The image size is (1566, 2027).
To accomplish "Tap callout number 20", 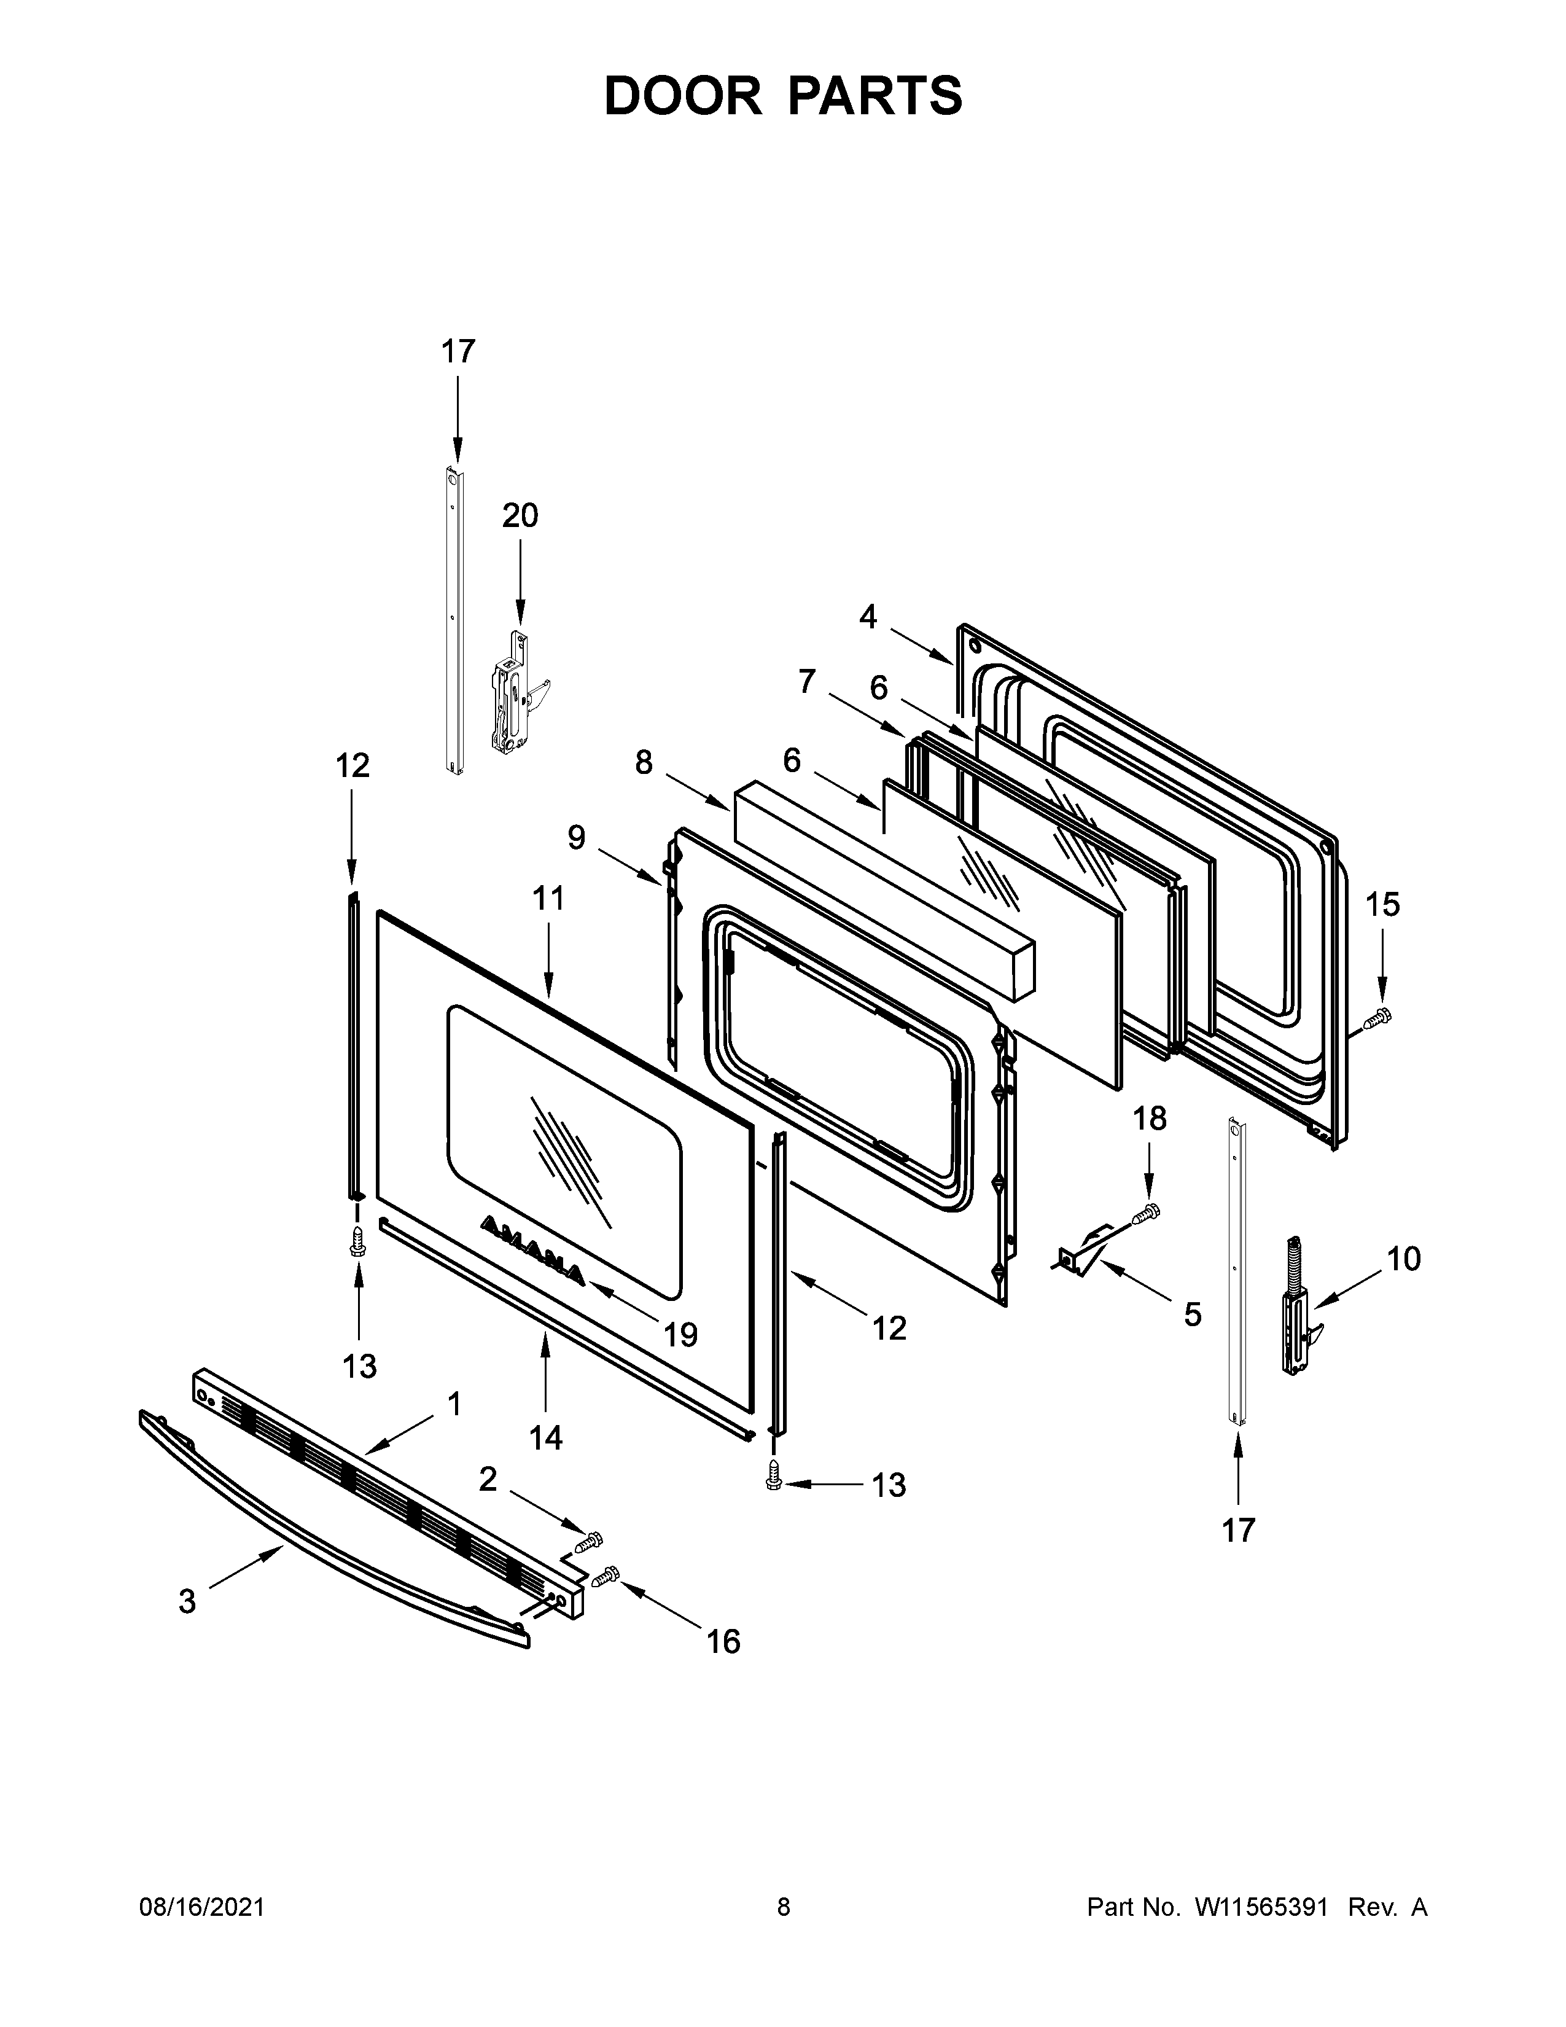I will tap(520, 515).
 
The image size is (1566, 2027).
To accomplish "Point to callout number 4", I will tap(867, 616).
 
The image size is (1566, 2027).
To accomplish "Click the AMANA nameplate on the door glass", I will tap(532, 1252).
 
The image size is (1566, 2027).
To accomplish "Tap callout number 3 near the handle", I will tap(187, 1601).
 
